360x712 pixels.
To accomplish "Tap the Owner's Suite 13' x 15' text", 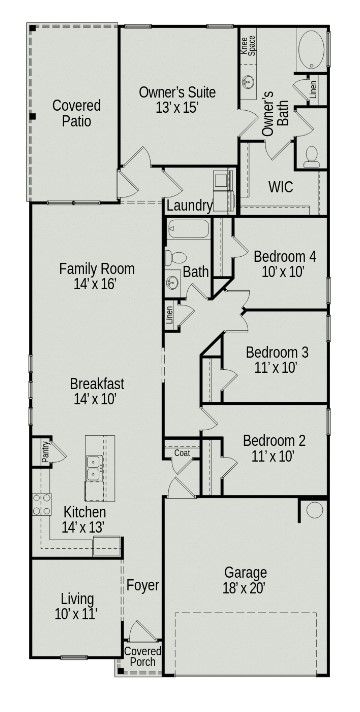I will [x=177, y=100].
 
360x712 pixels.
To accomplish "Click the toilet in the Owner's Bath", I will [x=311, y=154].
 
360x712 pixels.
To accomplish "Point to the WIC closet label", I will [x=281, y=186].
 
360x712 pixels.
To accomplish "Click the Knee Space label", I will [x=245, y=47].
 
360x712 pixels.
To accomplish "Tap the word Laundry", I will [x=189, y=206].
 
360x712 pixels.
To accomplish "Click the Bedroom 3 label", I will [x=277, y=359].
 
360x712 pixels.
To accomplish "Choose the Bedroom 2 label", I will [x=272, y=448].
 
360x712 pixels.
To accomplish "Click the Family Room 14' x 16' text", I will [x=96, y=276].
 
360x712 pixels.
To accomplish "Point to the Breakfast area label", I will [x=96, y=391].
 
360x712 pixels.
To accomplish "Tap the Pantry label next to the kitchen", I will [x=46, y=452].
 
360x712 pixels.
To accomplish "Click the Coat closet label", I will [x=182, y=453].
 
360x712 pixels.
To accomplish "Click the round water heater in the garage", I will [x=315, y=510].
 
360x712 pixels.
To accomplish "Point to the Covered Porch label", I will [x=141, y=656].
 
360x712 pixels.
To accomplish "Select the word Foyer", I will [x=142, y=584].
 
